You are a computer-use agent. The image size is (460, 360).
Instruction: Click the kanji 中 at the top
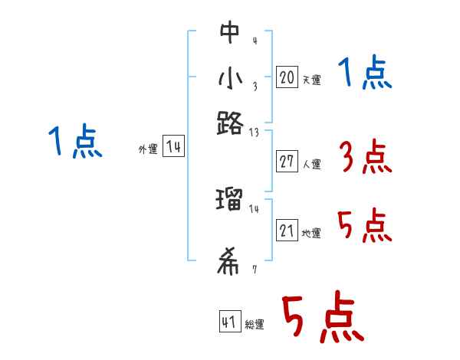point(229,33)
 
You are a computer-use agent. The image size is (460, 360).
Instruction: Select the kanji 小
point(229,79)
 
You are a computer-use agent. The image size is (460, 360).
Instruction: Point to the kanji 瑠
point(229,201)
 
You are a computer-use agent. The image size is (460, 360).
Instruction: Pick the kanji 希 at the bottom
point(229,263)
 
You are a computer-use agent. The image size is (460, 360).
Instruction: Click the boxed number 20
point(287,77)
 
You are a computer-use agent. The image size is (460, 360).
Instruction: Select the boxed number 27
point(287,162)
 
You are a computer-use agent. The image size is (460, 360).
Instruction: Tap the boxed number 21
point(287,231)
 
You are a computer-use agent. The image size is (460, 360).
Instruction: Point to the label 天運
point(311,80)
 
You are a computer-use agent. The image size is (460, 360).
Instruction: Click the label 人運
point(311,164)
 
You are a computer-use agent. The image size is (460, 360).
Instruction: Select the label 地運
point(311,234)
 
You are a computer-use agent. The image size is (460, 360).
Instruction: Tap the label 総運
point(255,324)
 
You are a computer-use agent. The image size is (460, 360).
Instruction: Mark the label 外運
point(147,150)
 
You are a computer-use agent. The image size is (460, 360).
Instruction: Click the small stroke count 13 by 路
point(254,133)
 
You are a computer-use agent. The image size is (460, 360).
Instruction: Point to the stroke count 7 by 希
point(254,269)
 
